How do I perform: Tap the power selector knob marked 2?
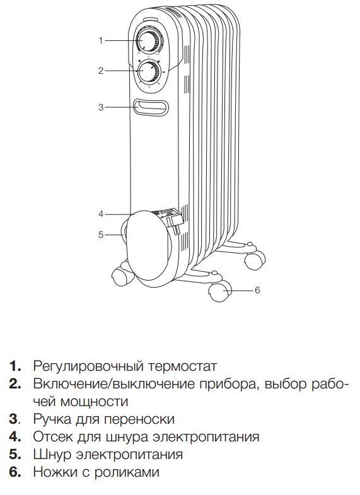tap(148, 72)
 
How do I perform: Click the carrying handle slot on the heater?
tap(151, 107)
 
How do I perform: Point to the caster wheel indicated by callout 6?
tap(219, 292)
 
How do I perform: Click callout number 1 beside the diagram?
tap(101, 41)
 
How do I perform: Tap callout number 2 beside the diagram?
tap(101, 71)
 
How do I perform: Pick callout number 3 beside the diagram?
tap(101, 107)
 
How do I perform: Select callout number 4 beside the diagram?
tap(101, 214)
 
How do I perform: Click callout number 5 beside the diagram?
tap(101, 235)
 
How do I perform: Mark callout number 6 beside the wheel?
tap(257, 290)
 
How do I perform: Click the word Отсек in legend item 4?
tap(53, 437)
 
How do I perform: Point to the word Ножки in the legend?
tap(55, 472)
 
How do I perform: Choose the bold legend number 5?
tap(15, 455)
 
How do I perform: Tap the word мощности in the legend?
tap(94, 402)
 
